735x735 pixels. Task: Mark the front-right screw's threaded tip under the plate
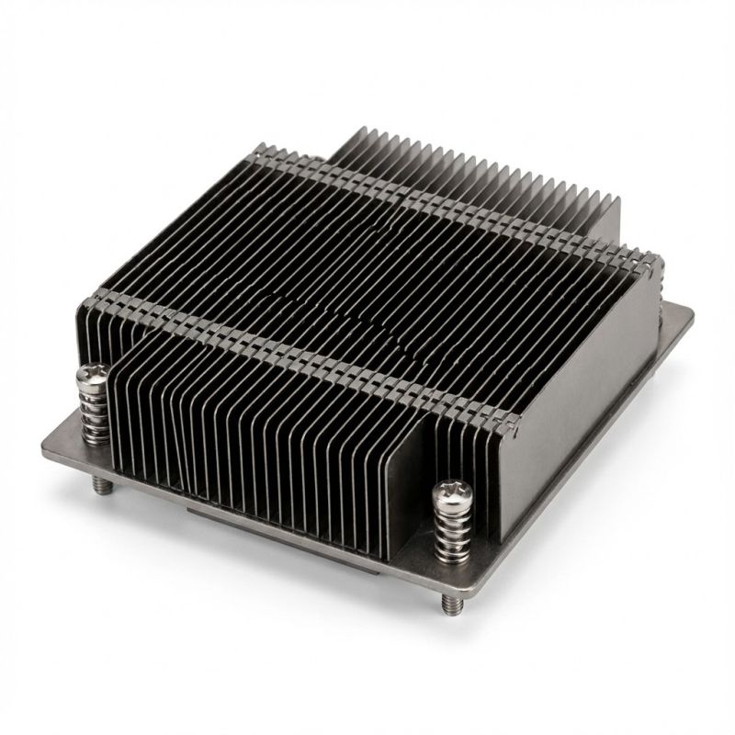(449, 604)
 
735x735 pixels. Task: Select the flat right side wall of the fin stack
(588, 386)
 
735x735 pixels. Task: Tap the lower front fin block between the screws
(257, 432)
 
